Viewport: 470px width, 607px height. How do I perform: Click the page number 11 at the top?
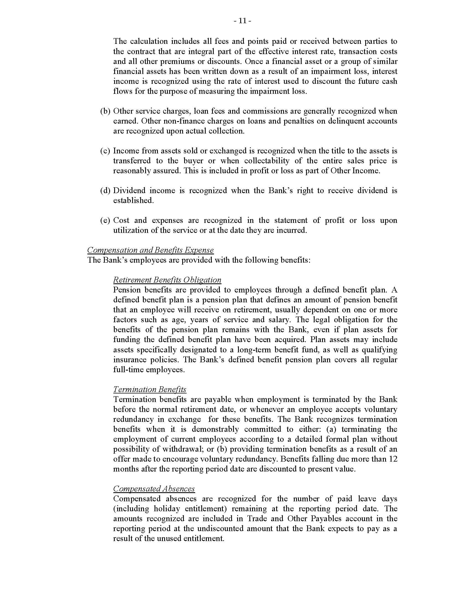point(242,21)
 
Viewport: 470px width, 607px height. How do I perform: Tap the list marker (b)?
point(105,111)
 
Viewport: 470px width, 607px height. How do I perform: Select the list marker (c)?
point(105,151)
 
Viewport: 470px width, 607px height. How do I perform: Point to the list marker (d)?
point(105,191)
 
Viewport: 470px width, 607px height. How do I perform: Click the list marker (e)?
point(105,220)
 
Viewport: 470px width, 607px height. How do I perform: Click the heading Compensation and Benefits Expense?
point(150,250)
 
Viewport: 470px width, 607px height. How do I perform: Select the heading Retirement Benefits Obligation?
point(167,280)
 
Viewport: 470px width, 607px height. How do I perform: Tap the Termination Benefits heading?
point(150,389)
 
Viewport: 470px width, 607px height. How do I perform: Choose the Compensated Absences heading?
point(154,489)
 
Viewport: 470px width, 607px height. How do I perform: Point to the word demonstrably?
point(215,429)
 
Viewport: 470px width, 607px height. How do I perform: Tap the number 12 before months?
point(393,459)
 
